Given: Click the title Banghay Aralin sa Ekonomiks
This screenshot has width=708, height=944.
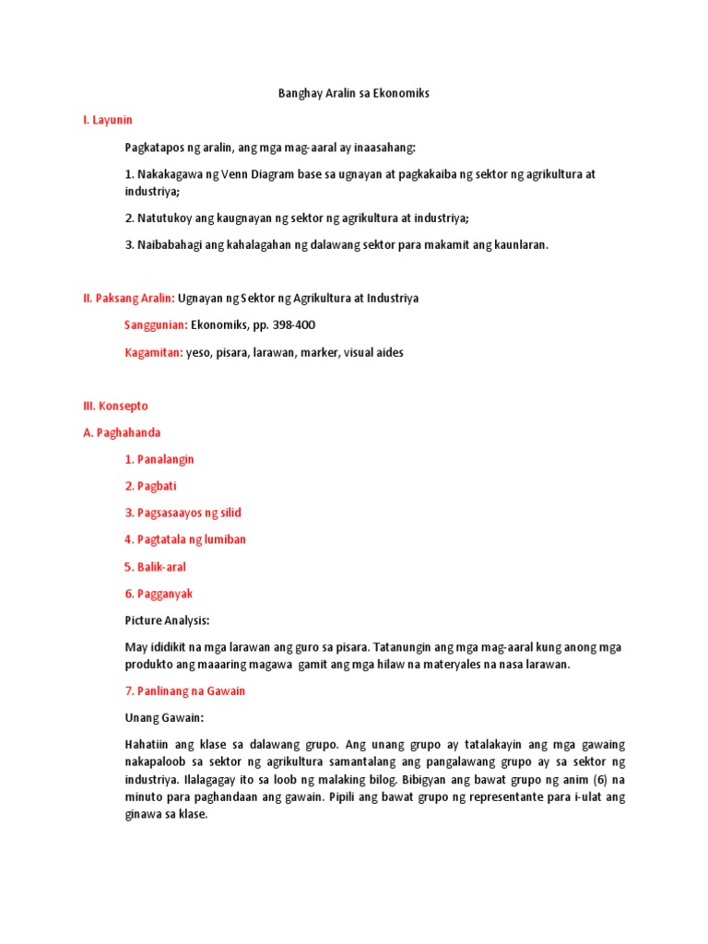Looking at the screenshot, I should (x=354, y=94).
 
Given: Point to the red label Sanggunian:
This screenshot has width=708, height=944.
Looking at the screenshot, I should (x=156, y=324).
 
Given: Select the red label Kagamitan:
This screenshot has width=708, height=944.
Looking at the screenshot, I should (x=153, y=351).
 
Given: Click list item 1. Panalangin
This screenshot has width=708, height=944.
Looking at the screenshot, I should (x=159, y=459).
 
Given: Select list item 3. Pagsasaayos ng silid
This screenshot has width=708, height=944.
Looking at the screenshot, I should (x=183, y=513).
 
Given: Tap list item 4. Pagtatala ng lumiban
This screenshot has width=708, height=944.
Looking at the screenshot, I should (x=185, y=539).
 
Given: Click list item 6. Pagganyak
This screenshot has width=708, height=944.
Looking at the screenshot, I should (x=159, y=594).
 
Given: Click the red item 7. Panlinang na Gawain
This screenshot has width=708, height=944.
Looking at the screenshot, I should (x=184, y=690).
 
